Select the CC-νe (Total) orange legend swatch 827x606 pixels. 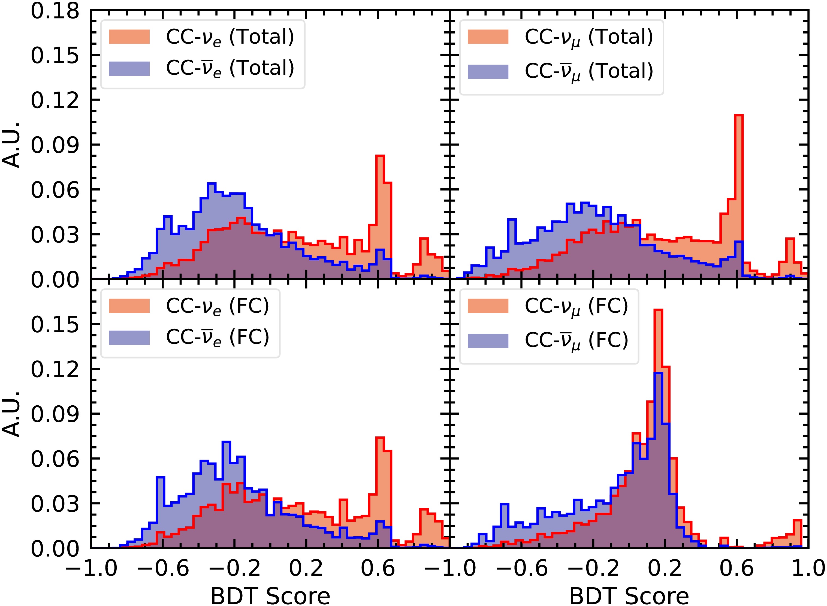point(129,37)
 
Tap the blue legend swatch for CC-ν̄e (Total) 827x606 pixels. point(129,69)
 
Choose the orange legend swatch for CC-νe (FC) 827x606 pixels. point(129,306)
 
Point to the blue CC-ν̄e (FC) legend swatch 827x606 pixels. point(129,337)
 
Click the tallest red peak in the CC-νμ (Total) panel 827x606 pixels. point(739,115)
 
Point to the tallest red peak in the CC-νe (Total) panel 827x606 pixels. point(380,156)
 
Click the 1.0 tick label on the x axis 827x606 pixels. point(808,568)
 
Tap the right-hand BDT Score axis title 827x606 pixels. point(629,596)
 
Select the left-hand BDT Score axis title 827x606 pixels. point(270,596)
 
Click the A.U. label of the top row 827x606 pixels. point(11,144)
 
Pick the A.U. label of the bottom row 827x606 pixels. point(11,414)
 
